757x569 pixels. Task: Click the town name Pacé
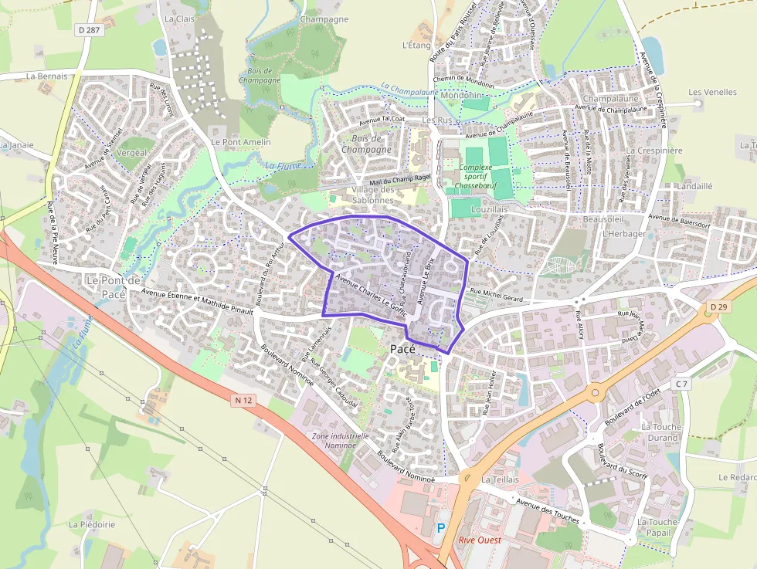click(403, 349)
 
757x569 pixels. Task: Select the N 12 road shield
click(244, 400)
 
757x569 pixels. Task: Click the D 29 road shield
click(715, 308)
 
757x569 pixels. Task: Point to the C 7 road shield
click(681, 384)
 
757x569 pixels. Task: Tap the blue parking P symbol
click(441, 528)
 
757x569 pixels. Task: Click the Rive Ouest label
click(480, 540)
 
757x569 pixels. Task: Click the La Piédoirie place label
click(92, 524)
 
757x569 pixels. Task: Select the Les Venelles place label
click(712, 92)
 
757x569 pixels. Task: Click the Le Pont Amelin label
click(241, 142)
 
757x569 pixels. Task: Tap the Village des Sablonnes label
click(373, 195)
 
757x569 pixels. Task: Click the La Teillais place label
click(499, 479)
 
